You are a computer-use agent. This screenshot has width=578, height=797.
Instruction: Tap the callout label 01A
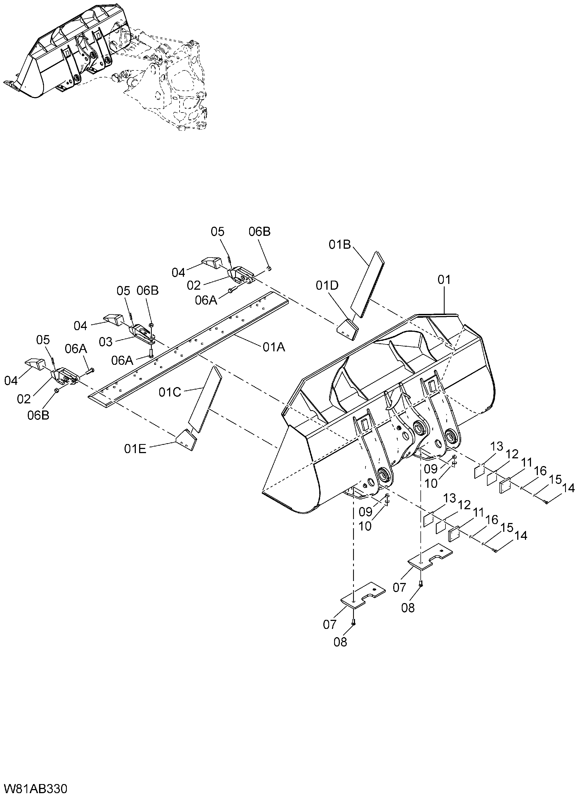pos(274,347)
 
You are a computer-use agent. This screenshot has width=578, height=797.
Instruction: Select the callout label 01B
pos(340,245)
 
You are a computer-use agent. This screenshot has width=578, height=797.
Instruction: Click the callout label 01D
pos(327,286)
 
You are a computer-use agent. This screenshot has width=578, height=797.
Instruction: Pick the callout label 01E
pos(135,449)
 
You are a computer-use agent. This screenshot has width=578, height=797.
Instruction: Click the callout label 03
pos(105,342)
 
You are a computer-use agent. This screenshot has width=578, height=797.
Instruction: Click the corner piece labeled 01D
pos(348,330)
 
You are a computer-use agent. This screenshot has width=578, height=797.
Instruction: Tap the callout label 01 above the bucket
pos(444,280)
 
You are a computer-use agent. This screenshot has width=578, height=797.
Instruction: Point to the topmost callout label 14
pos(569,488)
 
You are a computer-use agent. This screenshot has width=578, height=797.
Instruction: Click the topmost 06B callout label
pos(260,232)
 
